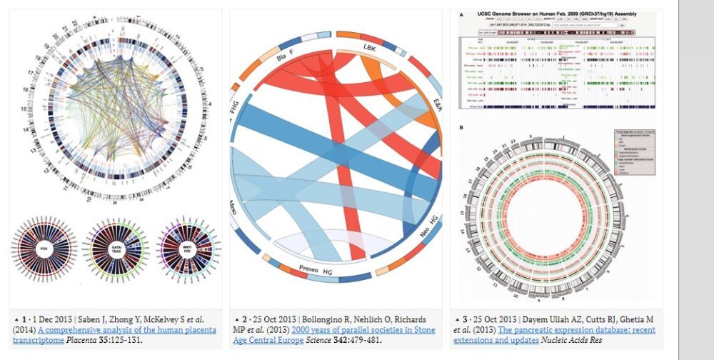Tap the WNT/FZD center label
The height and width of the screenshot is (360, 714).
click(x=186, y=249)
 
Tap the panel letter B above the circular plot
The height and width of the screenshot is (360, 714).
click(x=461, y=127)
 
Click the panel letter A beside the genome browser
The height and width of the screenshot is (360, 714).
click(x=461, y=14)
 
